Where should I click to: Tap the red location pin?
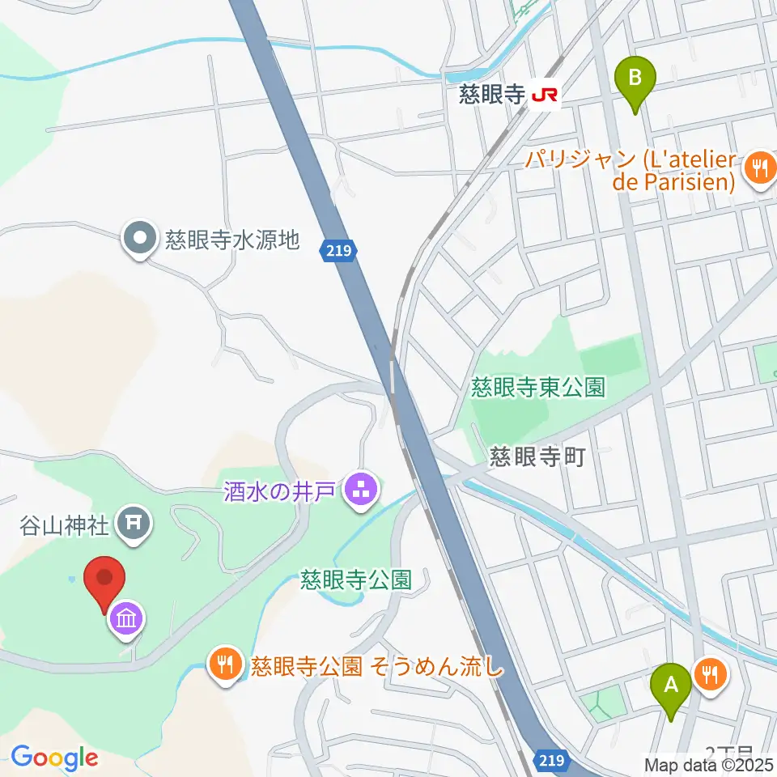105,581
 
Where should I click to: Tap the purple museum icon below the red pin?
128,620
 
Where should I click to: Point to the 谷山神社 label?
65,526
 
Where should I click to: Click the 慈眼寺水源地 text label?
232,240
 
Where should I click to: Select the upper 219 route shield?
339,252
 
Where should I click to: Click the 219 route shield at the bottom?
550,760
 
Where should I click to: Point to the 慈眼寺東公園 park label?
538,388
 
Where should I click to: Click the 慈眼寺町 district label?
537,458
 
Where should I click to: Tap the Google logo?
54,758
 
